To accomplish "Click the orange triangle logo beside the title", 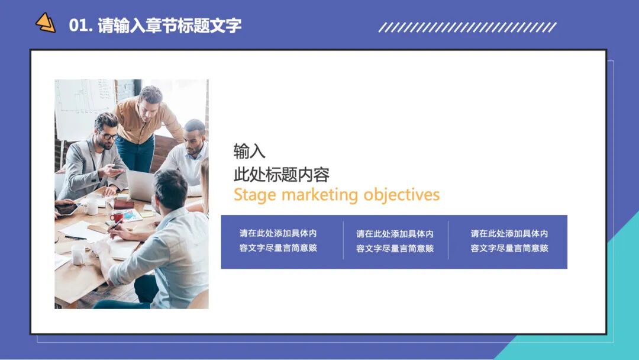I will click(46, 23).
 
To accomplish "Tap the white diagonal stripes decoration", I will click(467, 27).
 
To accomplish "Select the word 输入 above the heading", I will click(249, 152).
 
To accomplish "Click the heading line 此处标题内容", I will click(281, 175).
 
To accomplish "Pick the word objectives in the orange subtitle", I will click(402, 195).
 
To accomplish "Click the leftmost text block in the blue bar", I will click(278, 241).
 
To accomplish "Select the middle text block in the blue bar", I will click(395, 241).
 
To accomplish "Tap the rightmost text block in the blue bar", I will click(509, 241).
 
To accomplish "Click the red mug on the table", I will click(117, 217).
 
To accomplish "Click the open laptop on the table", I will click(140, 186).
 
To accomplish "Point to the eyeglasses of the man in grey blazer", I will click(108, 136).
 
